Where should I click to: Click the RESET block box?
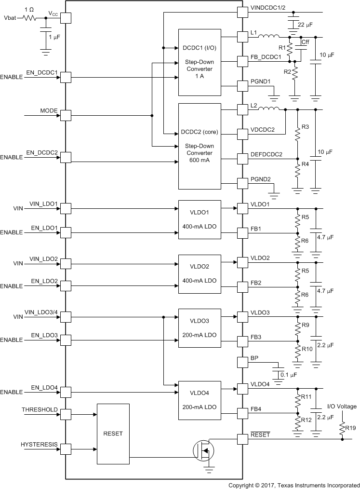[113, 434]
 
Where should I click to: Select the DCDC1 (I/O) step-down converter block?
[200, 62]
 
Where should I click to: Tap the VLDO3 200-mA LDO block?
[200, 327]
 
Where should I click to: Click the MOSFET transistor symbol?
[203, 450]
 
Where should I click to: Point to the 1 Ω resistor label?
[28, 10]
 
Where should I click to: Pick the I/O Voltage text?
[342, 407]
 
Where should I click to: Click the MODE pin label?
[49, 111]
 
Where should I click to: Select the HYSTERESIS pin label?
[40, 444]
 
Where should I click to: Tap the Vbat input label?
[10, 18]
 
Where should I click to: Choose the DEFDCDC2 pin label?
[267, 154]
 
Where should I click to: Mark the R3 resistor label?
[305, 127]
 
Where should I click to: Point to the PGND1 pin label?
[261, 81]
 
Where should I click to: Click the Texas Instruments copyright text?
[293, 484]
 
